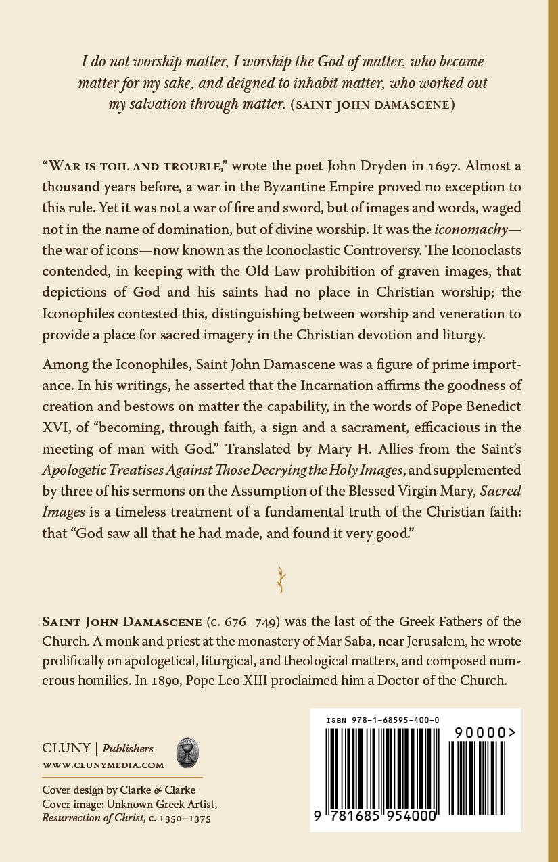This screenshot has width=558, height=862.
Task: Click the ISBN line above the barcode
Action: (383, 721)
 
